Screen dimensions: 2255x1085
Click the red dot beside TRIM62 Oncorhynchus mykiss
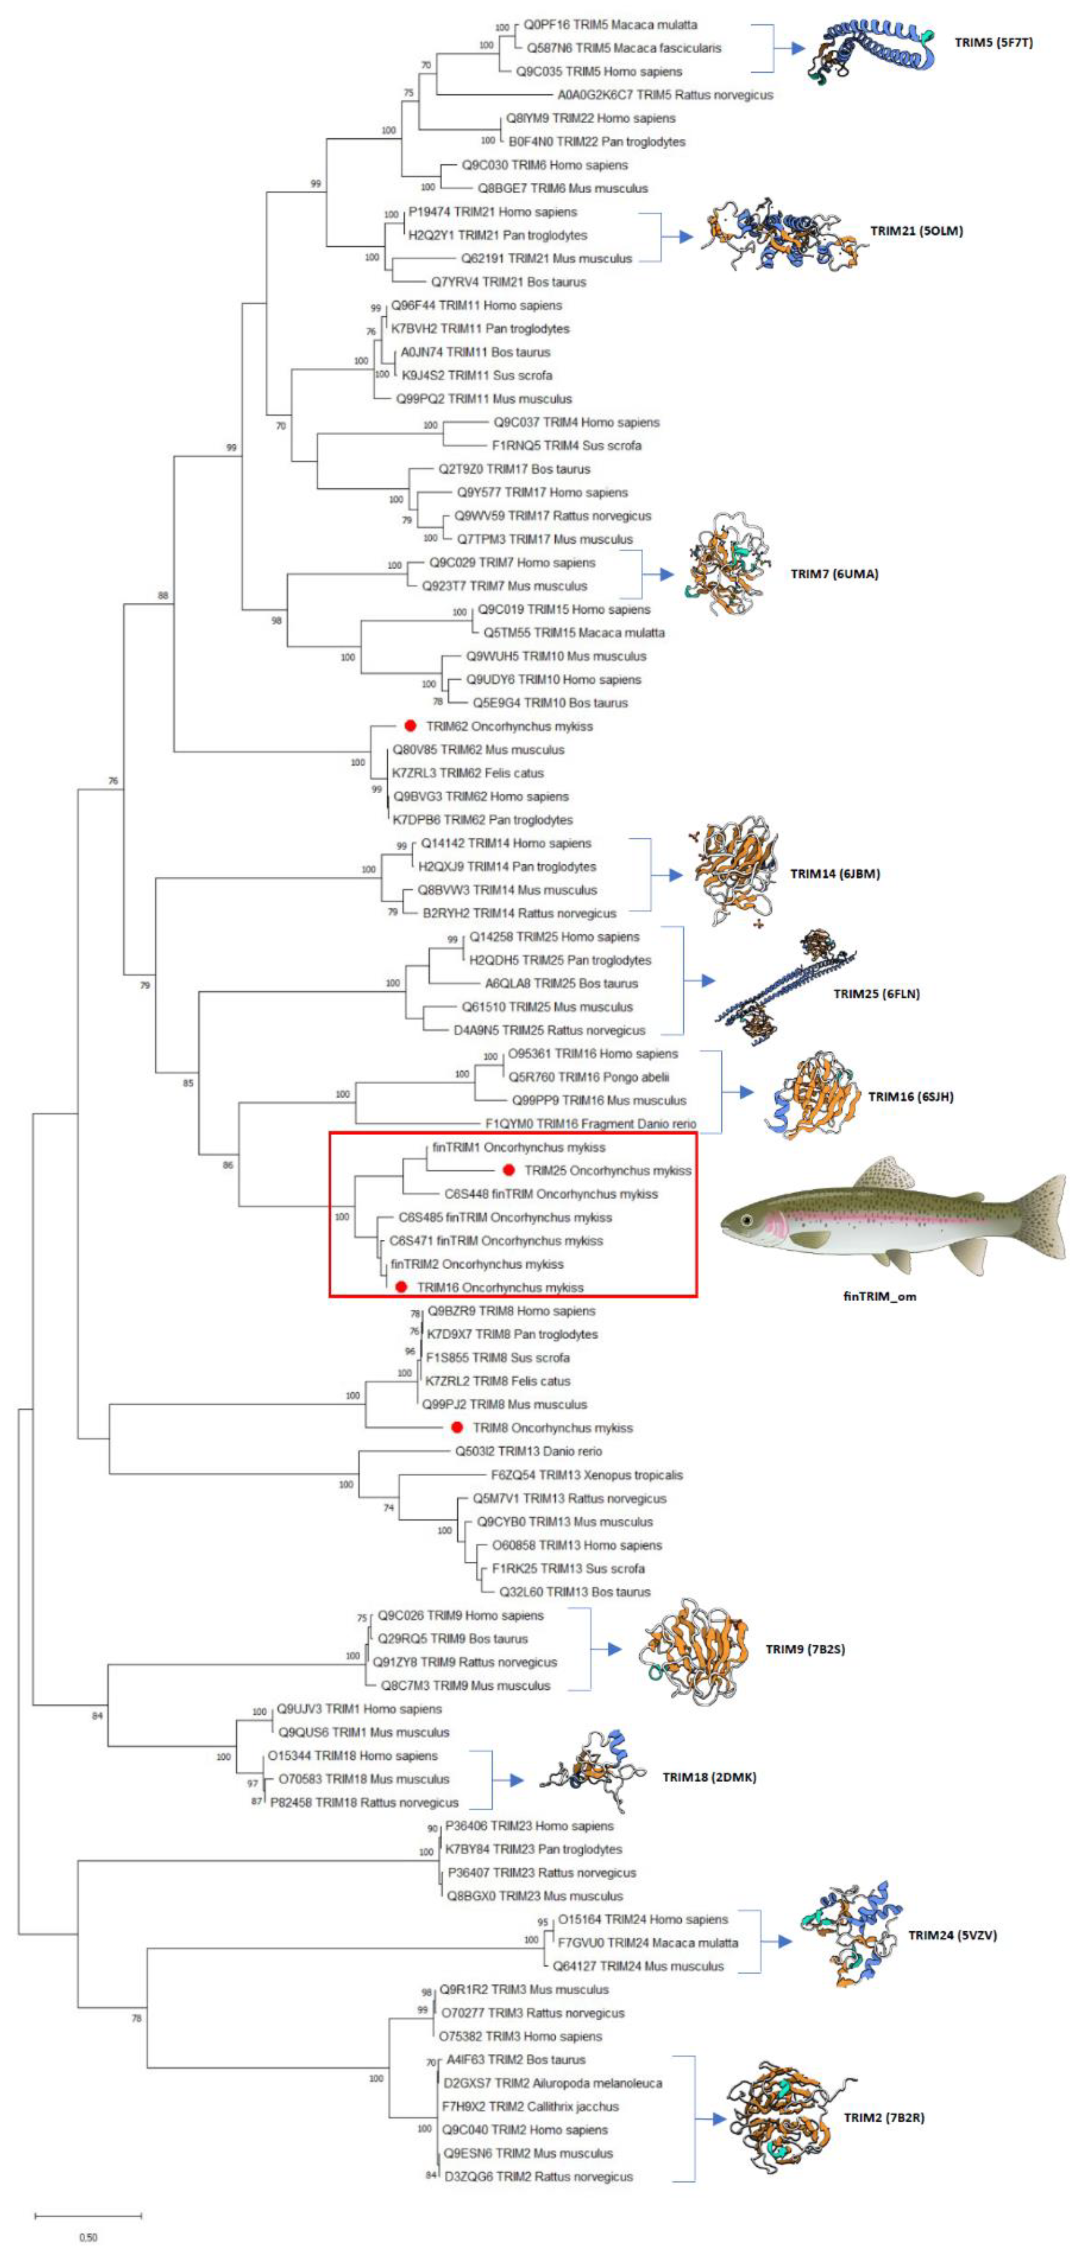409,726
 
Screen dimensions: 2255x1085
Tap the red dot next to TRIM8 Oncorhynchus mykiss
456,1428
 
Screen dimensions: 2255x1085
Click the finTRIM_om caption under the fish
879,1296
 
